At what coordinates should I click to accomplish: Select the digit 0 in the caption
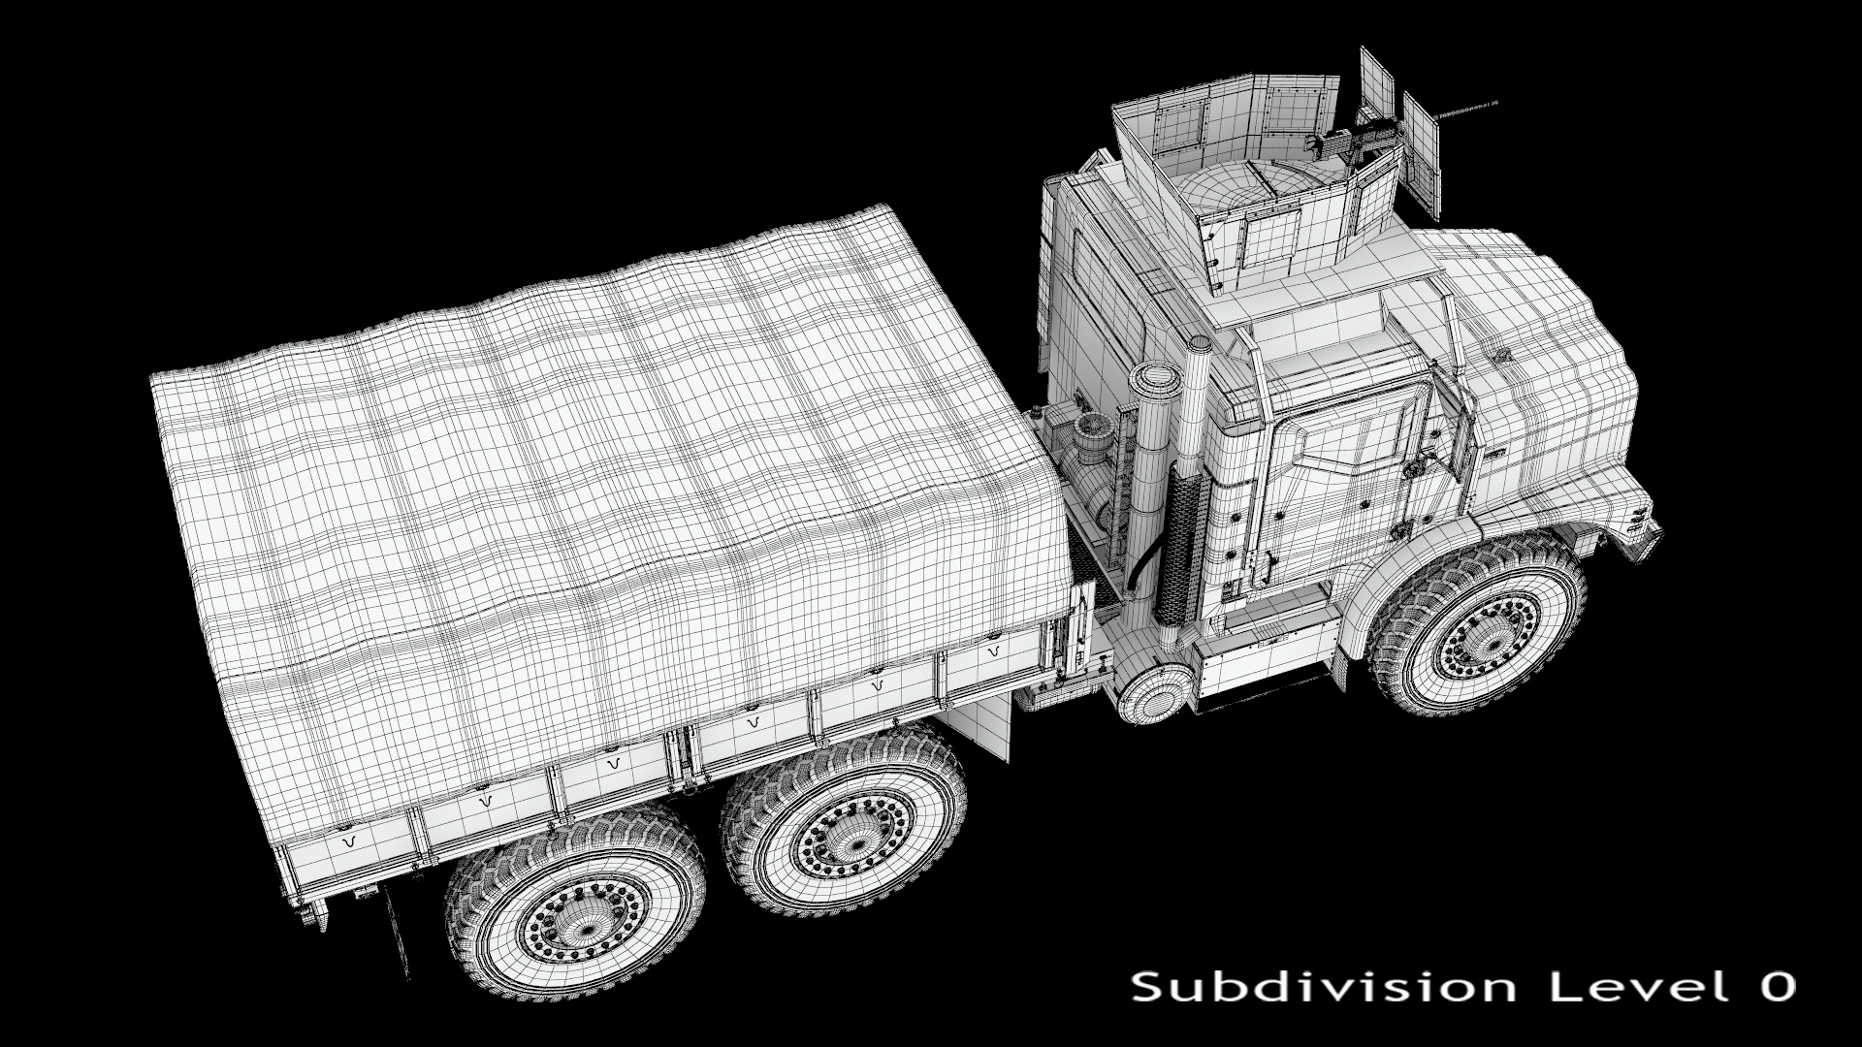tap(1772, 988)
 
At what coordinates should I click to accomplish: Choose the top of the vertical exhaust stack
tap(1199, 345)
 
